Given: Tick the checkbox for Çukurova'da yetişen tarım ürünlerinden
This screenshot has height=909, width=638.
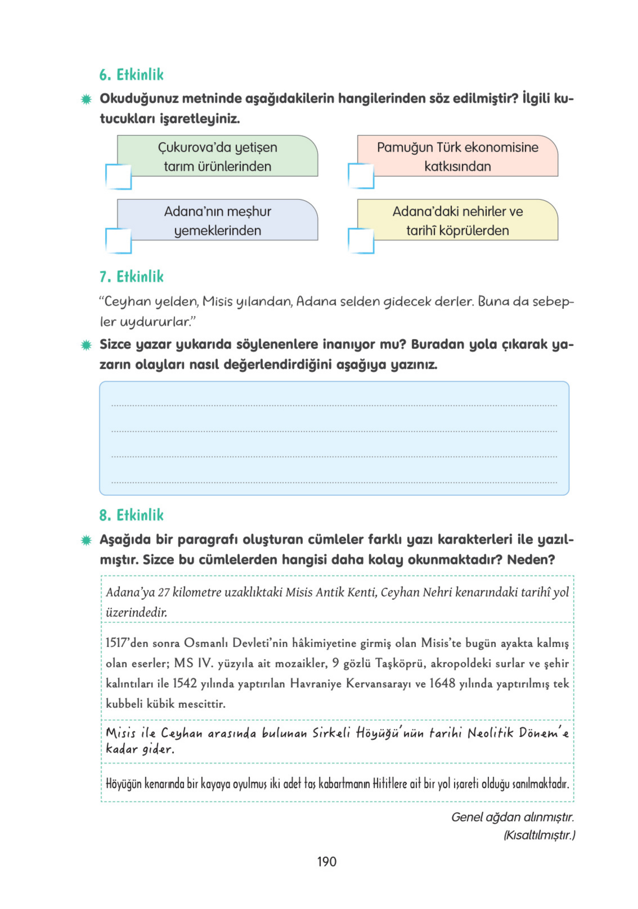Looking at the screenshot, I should point(118,177).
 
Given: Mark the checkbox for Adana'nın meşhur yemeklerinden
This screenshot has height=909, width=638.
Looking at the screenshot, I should point(118,240).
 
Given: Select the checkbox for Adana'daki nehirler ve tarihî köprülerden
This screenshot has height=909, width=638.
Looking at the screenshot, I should point(360,240).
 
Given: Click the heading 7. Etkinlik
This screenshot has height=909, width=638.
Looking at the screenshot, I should point(131,276).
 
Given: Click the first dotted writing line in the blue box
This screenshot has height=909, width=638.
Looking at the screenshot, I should point(334,405).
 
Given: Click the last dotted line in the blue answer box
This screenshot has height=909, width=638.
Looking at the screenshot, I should point(334,482).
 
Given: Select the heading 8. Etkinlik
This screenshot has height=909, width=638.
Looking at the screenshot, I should point(131,515).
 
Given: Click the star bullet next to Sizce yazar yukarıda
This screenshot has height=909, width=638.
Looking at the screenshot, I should point(86,345).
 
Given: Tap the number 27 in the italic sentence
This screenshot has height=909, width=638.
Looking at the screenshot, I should point(164,592).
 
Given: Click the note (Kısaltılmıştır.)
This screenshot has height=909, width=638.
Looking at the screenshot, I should point(539,835).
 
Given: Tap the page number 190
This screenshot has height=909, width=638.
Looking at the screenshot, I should point(326,862).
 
